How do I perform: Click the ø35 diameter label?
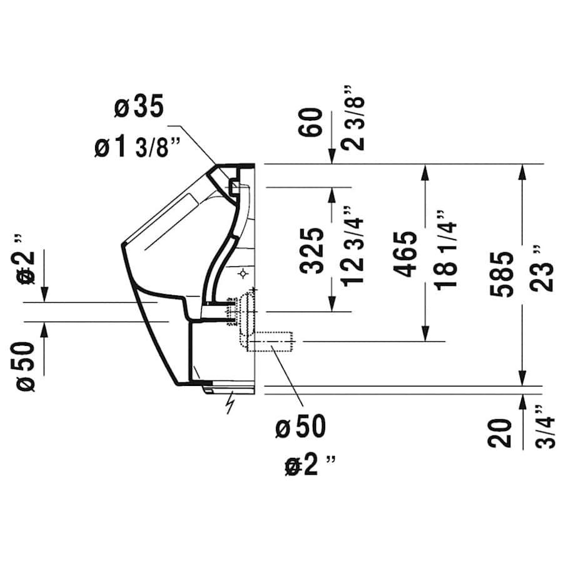(x=139, y=108)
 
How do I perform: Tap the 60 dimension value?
(x=313, y=122)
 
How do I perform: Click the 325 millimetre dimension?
(x=313, y=250)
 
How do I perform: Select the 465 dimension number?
(x=407, y=253)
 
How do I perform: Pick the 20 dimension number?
(x=501, y=432)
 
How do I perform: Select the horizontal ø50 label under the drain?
(x=301, y=428)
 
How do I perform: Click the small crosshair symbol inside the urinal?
(x=243, y=274)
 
